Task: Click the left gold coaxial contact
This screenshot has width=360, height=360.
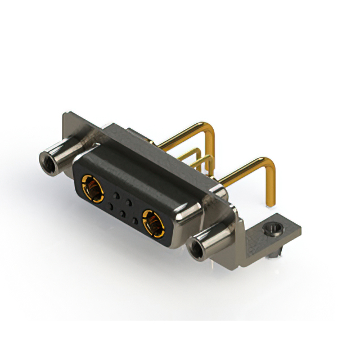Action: coord(93,188)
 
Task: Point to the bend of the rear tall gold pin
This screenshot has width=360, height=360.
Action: coord(211,131)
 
